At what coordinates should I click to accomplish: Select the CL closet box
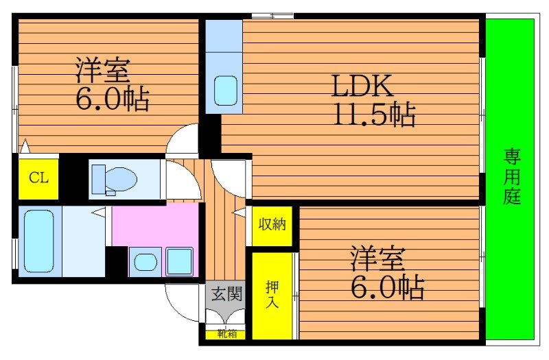(38, 178)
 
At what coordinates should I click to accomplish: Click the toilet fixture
(114, 180)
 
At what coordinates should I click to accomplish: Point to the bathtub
(38, 241)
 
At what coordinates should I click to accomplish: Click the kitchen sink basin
(225, 89)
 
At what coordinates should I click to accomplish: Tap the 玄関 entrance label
(225, 295)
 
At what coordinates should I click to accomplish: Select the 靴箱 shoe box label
(227, 334)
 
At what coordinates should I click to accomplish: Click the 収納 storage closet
(272, 224)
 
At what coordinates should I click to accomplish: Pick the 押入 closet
(272, 296)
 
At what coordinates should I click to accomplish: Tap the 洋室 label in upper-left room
(103, 71)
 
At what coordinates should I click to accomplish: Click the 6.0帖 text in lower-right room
(387, 289)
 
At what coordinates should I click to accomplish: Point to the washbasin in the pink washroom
(145, 261)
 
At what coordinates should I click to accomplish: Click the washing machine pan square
(180, 261)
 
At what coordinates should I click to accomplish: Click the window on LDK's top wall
(272, 15)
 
